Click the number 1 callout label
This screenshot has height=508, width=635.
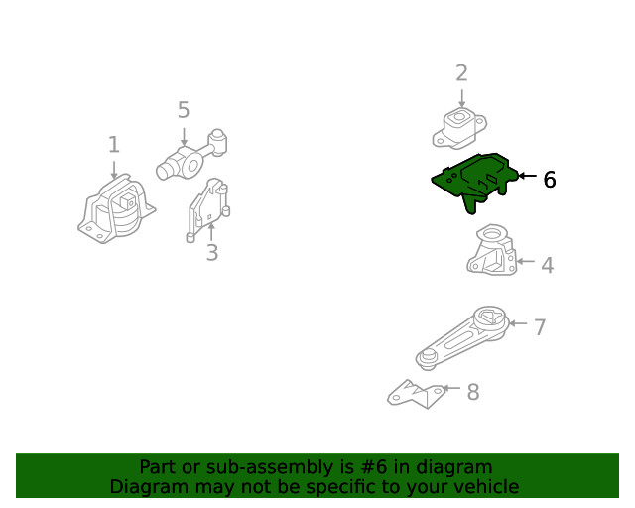(x=113, y=146)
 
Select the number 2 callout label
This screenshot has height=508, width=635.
(x=461, y=72)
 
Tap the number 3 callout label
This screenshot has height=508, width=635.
(x=211, y=253)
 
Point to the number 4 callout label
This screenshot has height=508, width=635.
(x=547, y=265)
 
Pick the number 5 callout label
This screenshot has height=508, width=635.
(x=184, y=109)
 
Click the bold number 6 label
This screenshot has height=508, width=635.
(x=549, y=180)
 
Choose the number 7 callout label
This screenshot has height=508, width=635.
(x=540, y=327)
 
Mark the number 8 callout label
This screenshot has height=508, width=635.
(x=472, y=392)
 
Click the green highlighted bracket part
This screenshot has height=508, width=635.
(x=474, y=179)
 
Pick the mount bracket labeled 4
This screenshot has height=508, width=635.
(x=493, y=251)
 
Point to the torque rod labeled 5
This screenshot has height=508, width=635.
(x=192, y=155)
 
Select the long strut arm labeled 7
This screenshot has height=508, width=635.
(x=462, y=337)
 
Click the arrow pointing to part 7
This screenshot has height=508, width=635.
(x=519, y=323)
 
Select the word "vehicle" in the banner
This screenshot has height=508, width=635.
(x=484, y=487)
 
